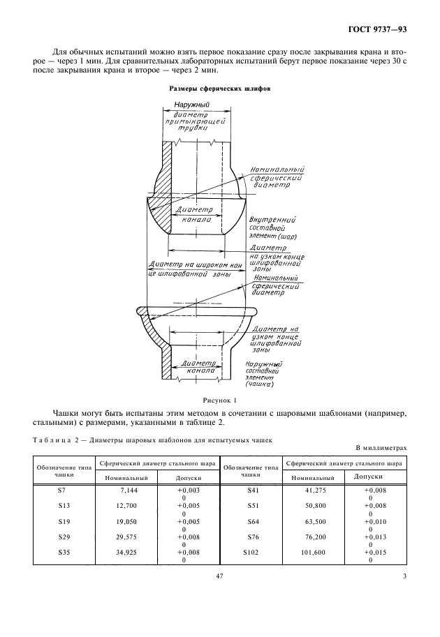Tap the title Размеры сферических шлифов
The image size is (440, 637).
point(220,90)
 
